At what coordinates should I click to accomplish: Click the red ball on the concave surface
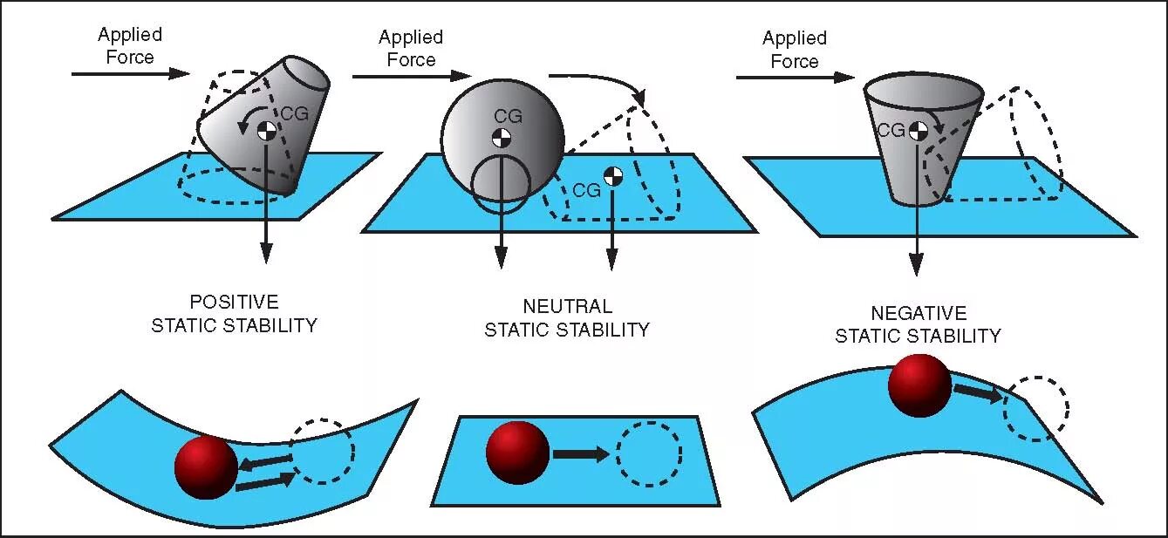coord(206,466)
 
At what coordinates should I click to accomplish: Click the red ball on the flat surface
coord(518,453)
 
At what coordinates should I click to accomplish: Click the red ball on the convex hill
coord(919,385)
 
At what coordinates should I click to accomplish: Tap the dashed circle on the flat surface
coord(649,454)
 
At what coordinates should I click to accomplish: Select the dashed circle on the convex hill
coord(1035,408)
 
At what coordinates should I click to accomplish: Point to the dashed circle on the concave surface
coord(323,452)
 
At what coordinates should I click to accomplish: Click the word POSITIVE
coord(234,303)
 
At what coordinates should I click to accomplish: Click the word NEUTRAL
coord(567,307)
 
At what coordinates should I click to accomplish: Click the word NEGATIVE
coord(918,313)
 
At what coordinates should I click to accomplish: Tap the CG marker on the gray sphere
coord(502,137)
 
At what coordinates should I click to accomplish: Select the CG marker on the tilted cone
coord(267,131)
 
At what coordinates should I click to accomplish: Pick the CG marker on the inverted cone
coord(918,131)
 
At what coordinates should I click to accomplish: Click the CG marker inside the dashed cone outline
coord(613,175)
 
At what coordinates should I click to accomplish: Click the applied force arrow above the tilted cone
coord(130,74)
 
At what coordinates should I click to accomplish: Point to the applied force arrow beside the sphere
coord(410,77)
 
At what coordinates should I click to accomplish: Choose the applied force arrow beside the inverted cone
coord(794,78)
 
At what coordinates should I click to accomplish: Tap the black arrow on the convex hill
coord(977,392)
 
